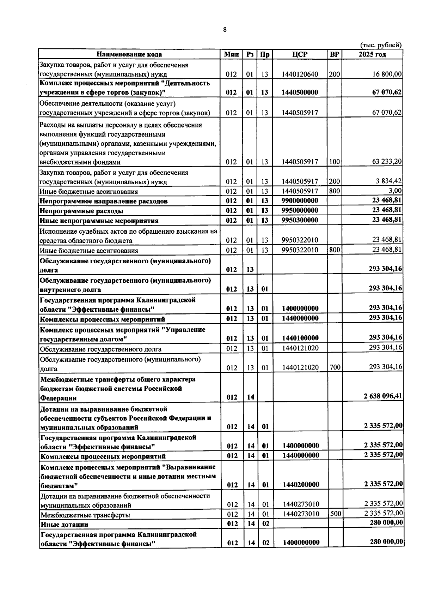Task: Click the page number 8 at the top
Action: (x=225, y=30)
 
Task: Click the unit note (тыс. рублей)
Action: (x=381, y=45)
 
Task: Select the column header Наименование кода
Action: (x=129, y=54)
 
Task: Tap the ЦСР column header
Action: (x=300, y=54)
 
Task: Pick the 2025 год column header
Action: (x=372, y=54)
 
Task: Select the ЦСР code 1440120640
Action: (x=300, y=74)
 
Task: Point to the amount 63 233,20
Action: (x=387, y=162)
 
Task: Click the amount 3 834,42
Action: (x=389, y=181)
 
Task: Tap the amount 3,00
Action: (x=395, y=191)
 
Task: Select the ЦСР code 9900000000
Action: (x=300, y=201)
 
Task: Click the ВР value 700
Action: (x=335, y=367)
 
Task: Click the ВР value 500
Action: (x=335, y=514)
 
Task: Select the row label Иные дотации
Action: (x=65, y=525)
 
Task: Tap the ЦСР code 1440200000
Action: (x=301, y=485)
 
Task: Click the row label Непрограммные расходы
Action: (x=81, y=211)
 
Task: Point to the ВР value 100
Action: (x=335, y=162)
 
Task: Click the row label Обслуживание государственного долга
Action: (x=101, y=349)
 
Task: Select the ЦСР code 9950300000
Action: (x=300, y=220)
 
